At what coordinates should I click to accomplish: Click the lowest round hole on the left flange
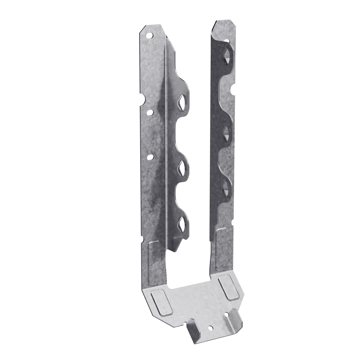pos(150,156)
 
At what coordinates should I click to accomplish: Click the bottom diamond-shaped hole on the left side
pos(182,222)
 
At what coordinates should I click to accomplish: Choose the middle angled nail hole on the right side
pos(226,132)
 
